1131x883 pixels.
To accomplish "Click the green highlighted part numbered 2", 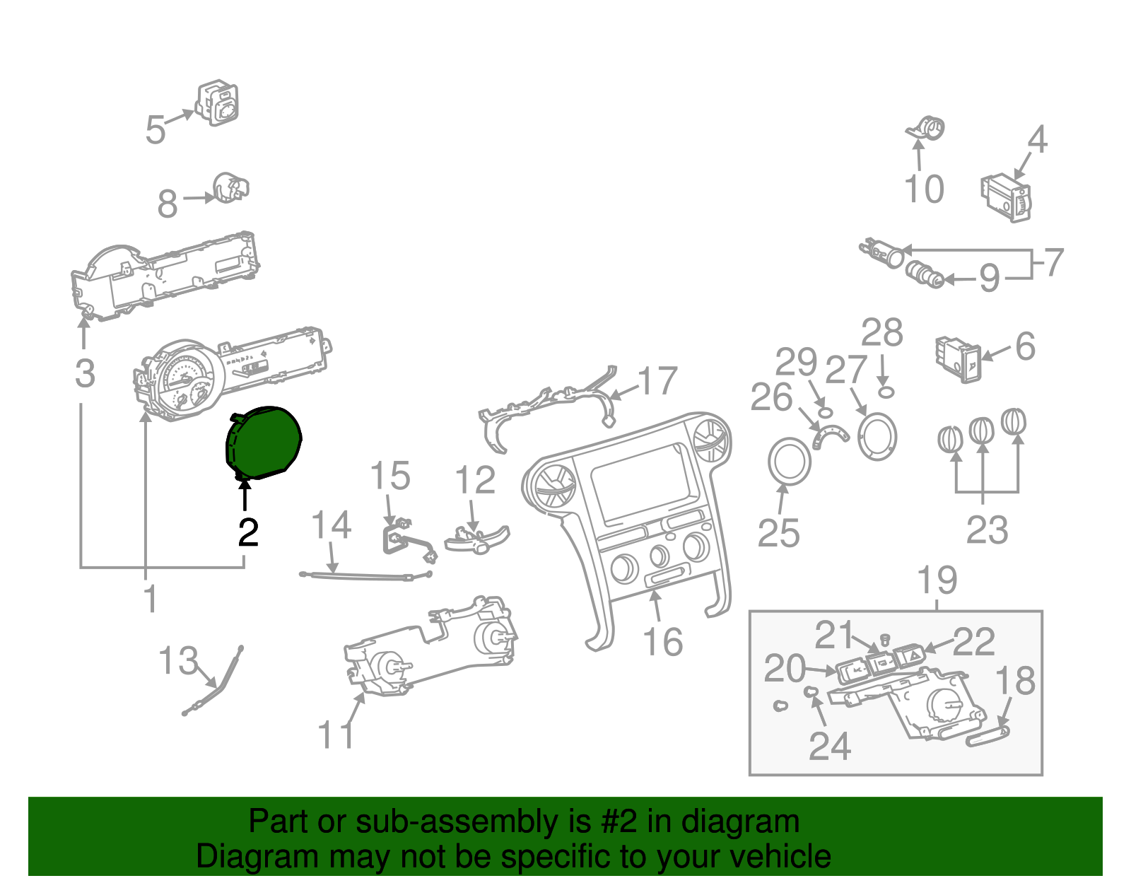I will (263, 443).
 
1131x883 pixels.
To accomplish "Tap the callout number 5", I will (156, 130).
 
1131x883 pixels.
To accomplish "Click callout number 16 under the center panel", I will (662, 643).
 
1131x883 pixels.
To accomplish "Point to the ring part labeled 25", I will (789, 462).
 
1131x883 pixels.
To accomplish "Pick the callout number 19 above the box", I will (937, 580).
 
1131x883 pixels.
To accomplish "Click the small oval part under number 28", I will (886, 391).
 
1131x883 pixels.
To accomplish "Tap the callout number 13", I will (177, 661).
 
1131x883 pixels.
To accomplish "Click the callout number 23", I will (987, 530).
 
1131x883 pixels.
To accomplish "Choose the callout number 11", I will (336, 735).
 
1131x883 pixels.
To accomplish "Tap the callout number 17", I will (658, 382).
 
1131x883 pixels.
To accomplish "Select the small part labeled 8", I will (230, 187).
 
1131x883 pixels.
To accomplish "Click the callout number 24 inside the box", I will (830, 746).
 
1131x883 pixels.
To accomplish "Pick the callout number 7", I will (1053, 263).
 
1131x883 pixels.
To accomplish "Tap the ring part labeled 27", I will (877, 436).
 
